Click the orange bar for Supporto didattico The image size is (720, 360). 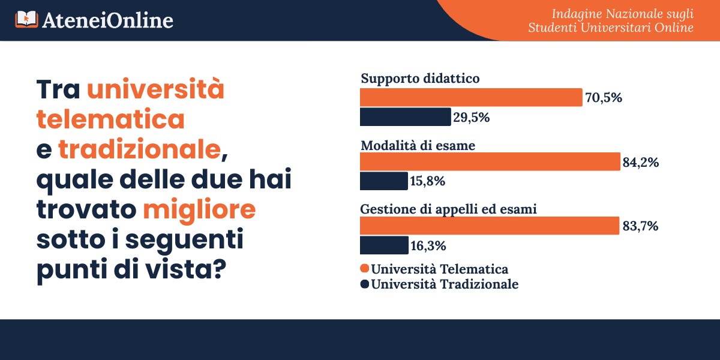click(471, 97)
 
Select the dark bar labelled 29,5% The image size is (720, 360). click(405, 117)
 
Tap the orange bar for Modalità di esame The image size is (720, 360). click(490, 162)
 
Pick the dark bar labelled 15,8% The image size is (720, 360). click(383, 181)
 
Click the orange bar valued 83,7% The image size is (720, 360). click(489, 226)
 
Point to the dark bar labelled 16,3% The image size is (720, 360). click(384, 245)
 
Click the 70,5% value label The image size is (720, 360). click(604, 98)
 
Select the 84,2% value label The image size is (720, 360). click(641, 162)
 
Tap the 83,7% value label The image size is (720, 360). click(641, 226)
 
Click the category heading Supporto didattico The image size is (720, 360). click(419, 79)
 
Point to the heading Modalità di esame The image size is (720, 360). click(418, 145)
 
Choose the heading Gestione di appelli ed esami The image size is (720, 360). click(448, 209)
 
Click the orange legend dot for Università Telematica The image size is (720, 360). click(364, 268)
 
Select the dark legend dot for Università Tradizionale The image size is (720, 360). click(364, 284)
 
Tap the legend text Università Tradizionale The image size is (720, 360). click(445, 284)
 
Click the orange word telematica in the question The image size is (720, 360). click(110, 119)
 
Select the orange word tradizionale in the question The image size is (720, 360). click(139, 149)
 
